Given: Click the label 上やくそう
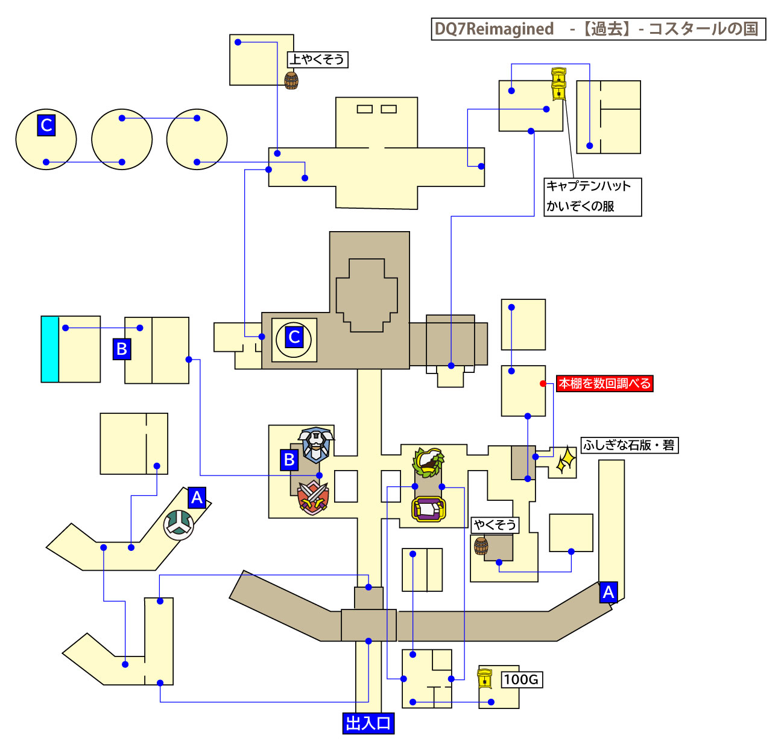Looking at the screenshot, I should click(318, 59).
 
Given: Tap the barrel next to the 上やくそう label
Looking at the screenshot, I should click(291, 80).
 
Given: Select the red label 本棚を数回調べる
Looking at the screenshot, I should click(604, 383).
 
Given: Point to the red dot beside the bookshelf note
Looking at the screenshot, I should click(543, 383).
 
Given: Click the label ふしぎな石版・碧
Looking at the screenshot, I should click(629, 445).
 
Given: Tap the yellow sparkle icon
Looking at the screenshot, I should click(565, 460).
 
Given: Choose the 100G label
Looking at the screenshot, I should click(521, 679).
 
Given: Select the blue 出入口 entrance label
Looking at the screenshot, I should click(368, 723).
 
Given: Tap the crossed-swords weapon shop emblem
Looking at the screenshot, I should click(313, 498).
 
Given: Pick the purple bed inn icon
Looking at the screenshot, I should click(429, 509).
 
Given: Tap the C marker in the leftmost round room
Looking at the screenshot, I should click(46, 125).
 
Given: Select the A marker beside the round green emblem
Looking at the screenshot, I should click(197, 498).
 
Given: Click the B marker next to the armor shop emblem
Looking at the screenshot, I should click(289, 460).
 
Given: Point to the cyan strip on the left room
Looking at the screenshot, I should click(49, 349).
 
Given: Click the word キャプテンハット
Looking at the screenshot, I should click(588, 186).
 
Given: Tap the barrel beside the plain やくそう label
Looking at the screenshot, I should click(481, 546).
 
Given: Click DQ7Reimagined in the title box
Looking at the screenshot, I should click(495, 29).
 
